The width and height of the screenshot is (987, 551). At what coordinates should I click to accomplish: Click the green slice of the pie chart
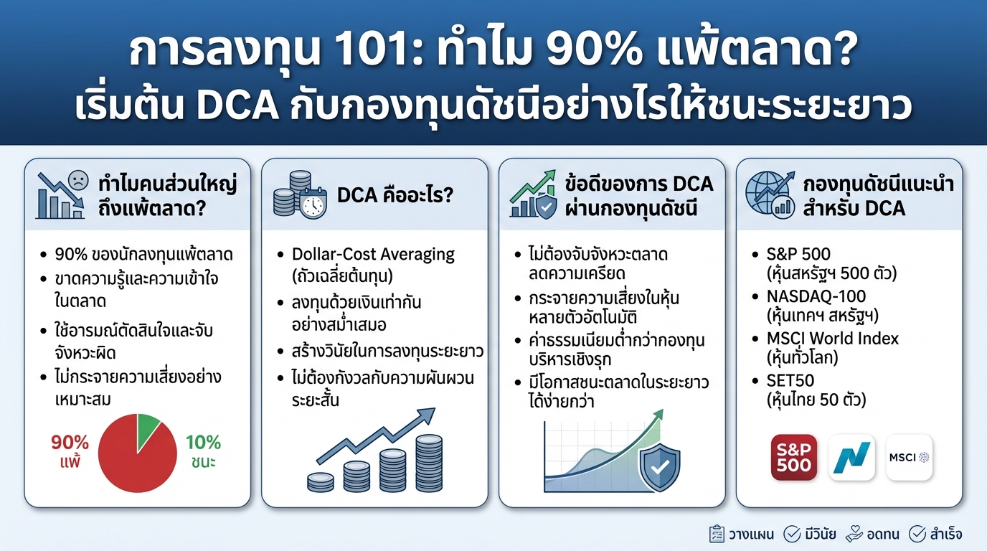[x=148, y=428]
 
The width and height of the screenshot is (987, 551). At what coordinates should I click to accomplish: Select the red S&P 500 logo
[x=793, y=457]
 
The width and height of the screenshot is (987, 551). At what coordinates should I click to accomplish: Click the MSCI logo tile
[x=909, y=457]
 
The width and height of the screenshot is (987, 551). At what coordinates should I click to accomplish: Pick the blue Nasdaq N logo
[x=851, y=457]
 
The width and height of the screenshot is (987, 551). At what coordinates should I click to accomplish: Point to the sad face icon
[x=77, y=180]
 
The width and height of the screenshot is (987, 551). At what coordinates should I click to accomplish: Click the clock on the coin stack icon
[x=313, y=206]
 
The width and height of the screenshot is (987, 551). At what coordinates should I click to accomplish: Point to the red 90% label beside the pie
[x=70, y=443]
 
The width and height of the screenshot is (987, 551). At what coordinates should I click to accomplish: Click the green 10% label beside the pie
[x=203, y=443]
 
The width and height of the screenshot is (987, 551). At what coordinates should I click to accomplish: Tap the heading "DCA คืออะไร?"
[x=395, y=195]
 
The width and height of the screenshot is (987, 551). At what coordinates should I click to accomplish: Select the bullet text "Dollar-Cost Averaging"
[x=373, y=254]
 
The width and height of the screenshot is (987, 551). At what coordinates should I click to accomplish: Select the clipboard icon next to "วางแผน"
[x=715, y=534]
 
